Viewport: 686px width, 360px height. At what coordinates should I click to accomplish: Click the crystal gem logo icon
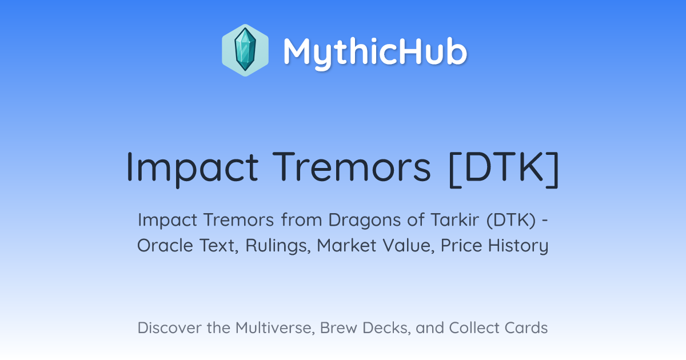click(x=245, y=50)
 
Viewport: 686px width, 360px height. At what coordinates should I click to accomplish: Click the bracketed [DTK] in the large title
click(x=504, y=169)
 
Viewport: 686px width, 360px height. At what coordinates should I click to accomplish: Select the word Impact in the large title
click(x=192, y=169)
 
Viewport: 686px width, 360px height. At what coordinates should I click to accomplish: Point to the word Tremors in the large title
click(x=352, y=167)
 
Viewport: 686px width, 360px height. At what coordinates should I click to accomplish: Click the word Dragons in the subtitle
click(x=365, y=221)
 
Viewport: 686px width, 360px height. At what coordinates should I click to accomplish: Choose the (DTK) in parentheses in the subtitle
click(x=511, y=221)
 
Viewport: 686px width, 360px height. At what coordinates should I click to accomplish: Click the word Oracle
click(x=165, y=246)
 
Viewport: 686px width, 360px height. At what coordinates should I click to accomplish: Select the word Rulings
click(x=278, y=246)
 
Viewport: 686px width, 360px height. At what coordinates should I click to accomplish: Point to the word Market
click(x=346, y=246)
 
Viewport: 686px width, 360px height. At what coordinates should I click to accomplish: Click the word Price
click(x=461, y=246)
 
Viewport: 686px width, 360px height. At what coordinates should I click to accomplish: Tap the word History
click(x=518, y=246)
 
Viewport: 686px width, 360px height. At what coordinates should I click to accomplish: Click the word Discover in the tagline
click(x=169, y=328)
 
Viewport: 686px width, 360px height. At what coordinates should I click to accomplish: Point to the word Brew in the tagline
click(x=338, y=328)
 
